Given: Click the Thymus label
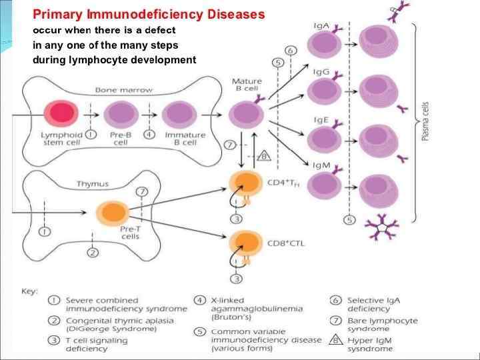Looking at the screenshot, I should pyautogui.click(x=93, y=184).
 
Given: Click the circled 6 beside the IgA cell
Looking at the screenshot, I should pyautogui.click(x=290, y=51).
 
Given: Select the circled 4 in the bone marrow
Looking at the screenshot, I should pyautogui.click(x=150, y=134).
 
